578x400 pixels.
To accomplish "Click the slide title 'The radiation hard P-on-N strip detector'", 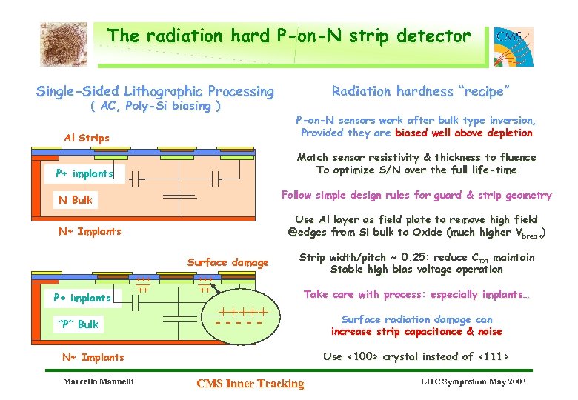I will (288, 36).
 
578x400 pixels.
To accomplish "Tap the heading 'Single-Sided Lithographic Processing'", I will (155, 92).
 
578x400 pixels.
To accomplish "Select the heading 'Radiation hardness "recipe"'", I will (420, 91).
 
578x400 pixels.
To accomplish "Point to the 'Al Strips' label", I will (87, 138).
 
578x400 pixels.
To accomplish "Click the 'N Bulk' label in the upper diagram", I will (76, 200).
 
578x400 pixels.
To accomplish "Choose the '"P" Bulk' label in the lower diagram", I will (78, 324).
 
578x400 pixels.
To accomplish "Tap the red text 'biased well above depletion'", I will (463, 133).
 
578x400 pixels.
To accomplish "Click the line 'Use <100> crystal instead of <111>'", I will (416, 356).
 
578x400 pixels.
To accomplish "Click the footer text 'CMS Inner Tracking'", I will (250, 383).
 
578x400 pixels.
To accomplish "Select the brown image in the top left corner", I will (64, 44).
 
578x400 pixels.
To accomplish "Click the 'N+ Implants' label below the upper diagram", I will (90, 231).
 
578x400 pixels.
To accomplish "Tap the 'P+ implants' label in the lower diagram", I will (82, 298).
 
